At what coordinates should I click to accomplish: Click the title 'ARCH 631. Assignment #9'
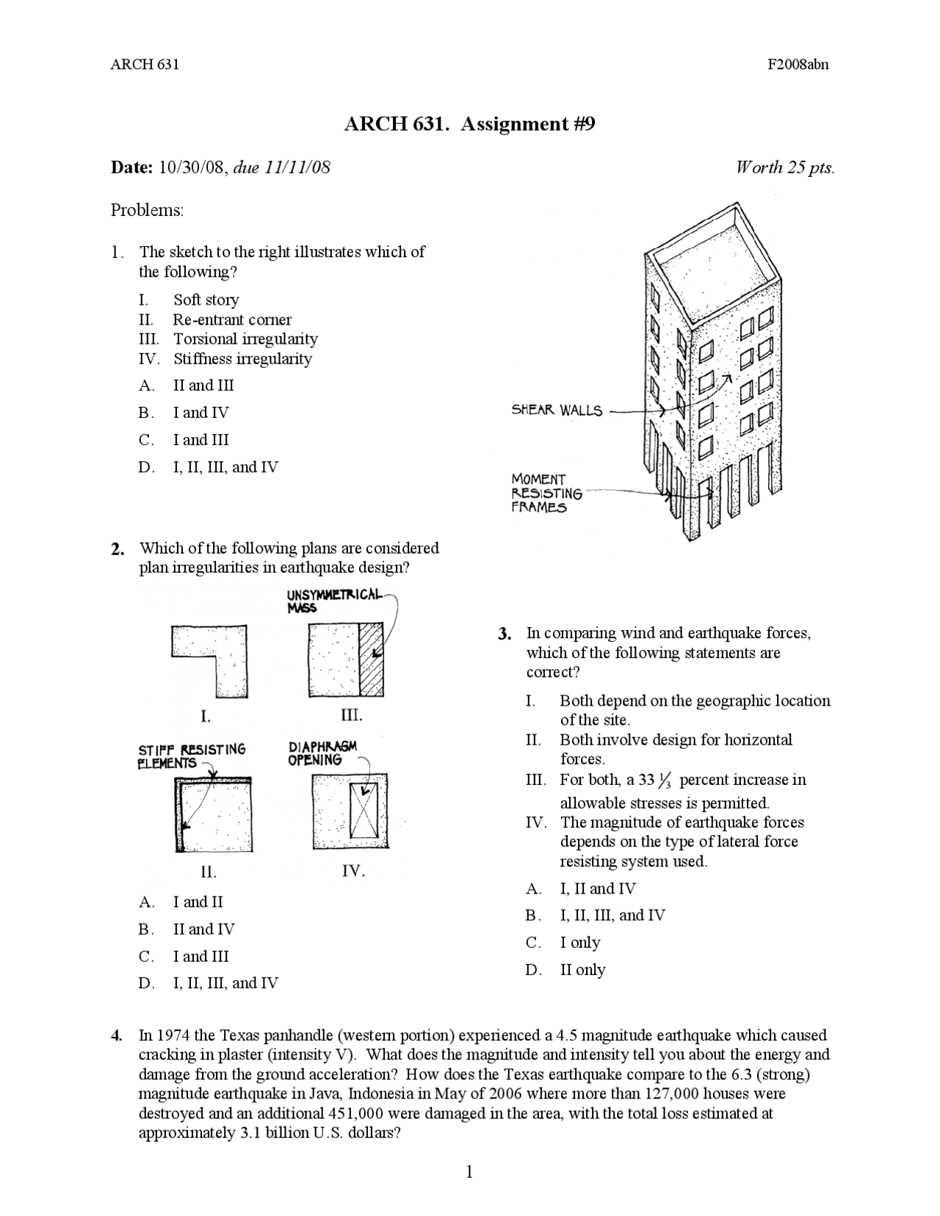[x=469, y=124]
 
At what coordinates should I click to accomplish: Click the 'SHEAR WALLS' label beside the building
[x=557, y=410]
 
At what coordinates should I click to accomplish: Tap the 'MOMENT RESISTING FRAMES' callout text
[x=546, y=493]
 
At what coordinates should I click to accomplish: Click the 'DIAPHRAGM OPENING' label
[x=322, y=753]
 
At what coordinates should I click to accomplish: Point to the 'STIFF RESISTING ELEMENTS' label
[x=192, y=756]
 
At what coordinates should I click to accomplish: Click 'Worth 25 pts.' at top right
[x=785, y=167]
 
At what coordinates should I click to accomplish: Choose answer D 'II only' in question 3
[x=582, y=970]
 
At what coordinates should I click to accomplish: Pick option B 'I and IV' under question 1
[x=200, y=413]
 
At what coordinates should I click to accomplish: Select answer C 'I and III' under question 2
[x=200, y=956]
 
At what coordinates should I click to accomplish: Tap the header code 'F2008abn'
[x=798, y=64]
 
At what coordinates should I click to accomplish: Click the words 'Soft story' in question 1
[x=206, y=300]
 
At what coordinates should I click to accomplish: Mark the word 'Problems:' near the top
[x=147, y=210]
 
